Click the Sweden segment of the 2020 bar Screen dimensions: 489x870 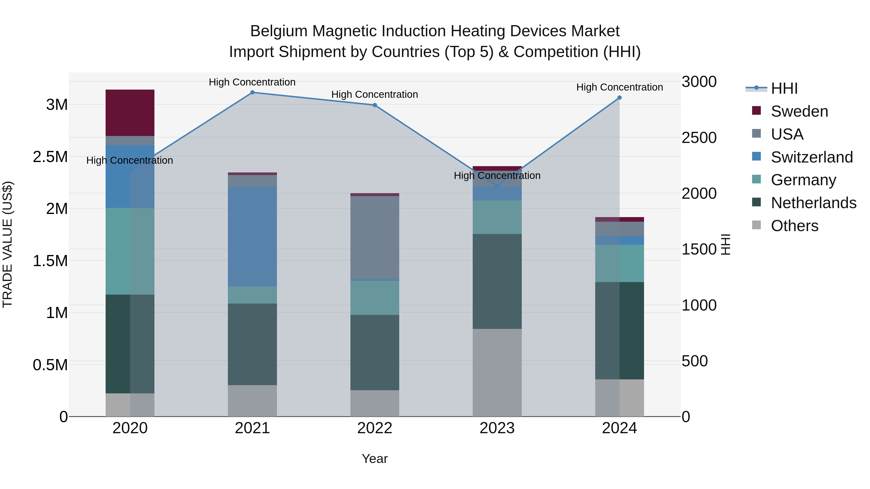(130, 113)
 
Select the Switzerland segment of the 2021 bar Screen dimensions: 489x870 (252, 236)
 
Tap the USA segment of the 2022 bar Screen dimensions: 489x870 (375, 238)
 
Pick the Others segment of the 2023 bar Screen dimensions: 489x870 (497, 373)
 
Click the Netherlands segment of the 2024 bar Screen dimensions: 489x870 (619, 331)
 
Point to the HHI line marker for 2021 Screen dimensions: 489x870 (252, 92)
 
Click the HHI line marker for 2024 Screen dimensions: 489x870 (619, 98)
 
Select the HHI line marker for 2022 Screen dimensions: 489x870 (375, 105)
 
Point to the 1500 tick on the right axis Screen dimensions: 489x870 (699, 249)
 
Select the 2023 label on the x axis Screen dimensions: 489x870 (497, 428)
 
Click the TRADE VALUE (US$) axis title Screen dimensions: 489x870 (7, 244)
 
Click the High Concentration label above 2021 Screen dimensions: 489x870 (252, 82)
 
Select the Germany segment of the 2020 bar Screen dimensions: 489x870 (130, 251)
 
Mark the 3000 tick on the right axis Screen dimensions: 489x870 (699, 82)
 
